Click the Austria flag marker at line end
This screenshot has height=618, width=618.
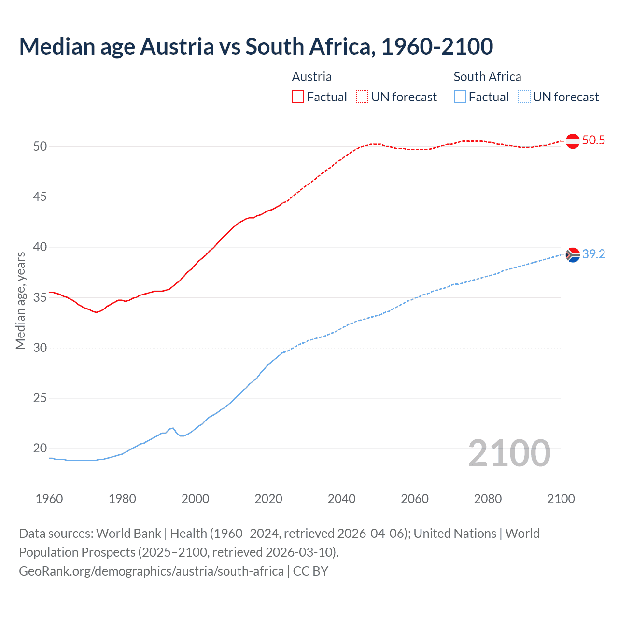tap(573, 141)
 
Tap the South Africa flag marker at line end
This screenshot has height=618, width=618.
tap(573, 254)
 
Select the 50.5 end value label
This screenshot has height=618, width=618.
tap(593, 140)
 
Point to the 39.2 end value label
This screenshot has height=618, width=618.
tap(593, 254)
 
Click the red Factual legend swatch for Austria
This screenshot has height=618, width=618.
tap(298, 97)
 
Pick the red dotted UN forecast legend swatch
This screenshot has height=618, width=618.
tap(362, 97)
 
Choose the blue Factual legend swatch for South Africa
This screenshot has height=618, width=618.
tap(460, 97)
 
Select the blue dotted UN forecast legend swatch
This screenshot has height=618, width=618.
tap(524, 97)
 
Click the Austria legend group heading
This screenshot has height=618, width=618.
tap(312, 77)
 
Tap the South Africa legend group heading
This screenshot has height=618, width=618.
tap(487, 77)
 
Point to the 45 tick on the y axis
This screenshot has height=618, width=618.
tap(40, 197)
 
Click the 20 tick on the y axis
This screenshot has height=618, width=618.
tap(40, 449)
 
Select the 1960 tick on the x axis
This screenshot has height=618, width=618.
tap(49, 499)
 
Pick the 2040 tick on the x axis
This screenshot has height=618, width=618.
tap(341, 499)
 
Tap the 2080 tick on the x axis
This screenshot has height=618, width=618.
tap(488, 499)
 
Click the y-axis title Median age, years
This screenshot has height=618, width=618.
tap(20, 300)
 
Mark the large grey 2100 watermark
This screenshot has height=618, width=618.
tap(509, 453)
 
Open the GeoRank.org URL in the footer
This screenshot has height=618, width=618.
tap(151, 571)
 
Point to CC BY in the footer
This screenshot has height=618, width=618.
tap(310, 571)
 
